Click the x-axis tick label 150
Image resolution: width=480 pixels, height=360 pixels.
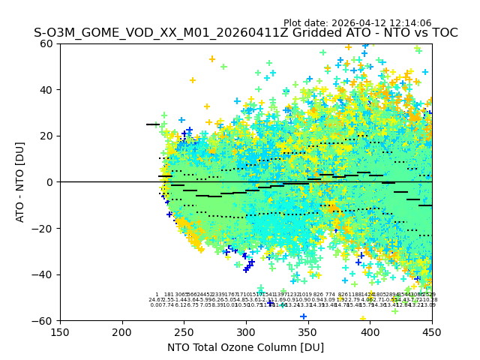click(60, 331)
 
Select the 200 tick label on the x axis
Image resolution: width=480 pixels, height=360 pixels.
click(122, 331)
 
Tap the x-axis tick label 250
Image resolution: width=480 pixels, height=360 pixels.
click(184, 331)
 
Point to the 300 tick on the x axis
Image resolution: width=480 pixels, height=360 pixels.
click(246, 331)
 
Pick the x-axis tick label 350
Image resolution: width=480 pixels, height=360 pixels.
click(308, 331)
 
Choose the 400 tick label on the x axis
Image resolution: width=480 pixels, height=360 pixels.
click(370, 331)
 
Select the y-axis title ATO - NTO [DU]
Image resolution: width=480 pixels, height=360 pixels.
click(20, 182)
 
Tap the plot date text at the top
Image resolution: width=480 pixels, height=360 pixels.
click(357, 23)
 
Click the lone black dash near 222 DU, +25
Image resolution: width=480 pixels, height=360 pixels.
click(152, 124)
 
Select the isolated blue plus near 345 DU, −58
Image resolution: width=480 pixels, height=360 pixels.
click(304, 316)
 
